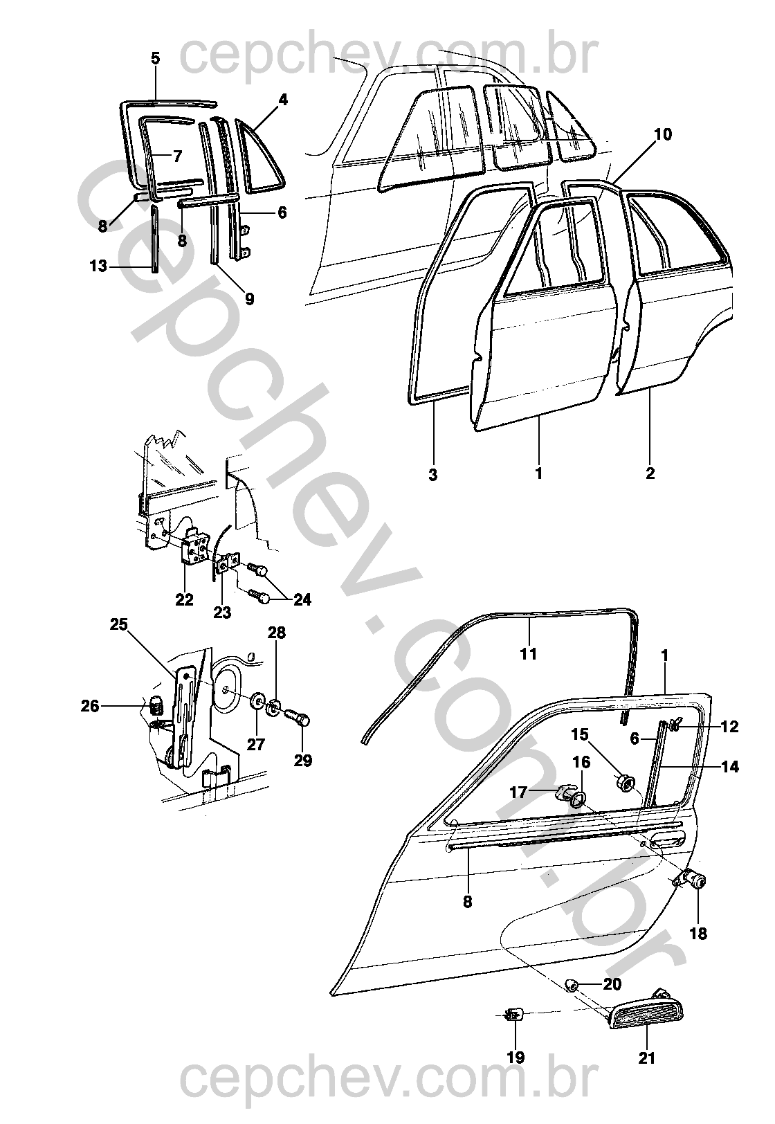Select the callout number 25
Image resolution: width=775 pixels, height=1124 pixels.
click(x=119, y=625)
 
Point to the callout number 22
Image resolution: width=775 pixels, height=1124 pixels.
click(x=184, y=599)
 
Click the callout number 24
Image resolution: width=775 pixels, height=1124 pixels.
click(x=302, y=599)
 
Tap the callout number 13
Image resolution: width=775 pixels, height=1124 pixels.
click(x=98, y=266)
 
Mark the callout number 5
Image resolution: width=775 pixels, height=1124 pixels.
click(x=156, y=58)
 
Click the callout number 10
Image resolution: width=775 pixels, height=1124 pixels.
click(x=663, y=135)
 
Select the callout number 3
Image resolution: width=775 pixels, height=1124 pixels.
click(x=433, y=473)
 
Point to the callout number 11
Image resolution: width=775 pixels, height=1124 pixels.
click(x=528, y=654)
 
